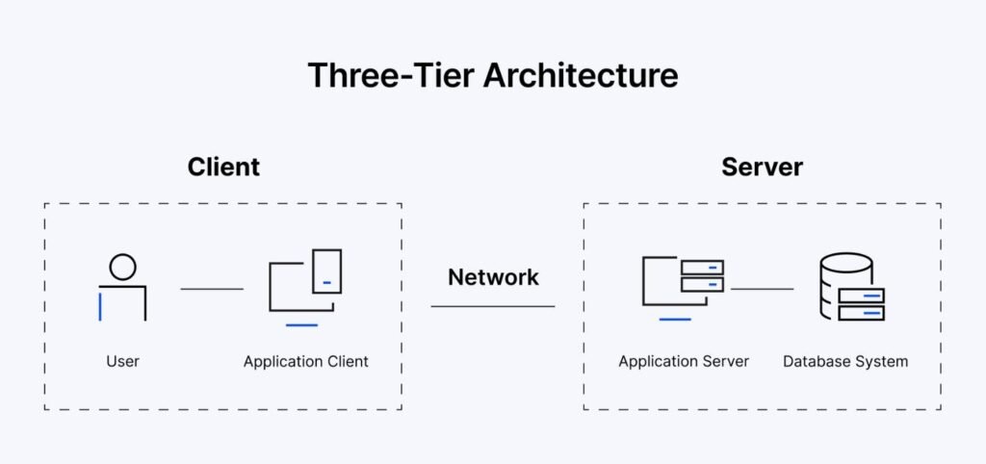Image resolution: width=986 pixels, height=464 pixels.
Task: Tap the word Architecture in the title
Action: click(x=581, y=75)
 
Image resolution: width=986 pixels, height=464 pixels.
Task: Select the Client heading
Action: click(x=223, y=168)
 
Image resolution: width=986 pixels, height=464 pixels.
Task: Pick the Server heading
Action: click(x=762, y=168)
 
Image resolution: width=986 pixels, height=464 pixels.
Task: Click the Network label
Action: click(x=493, y=276)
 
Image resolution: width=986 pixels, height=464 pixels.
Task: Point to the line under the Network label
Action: click(x=493, y=306)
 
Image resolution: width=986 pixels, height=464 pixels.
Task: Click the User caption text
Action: click(x=122, y=362)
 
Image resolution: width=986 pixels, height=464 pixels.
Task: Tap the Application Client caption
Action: click(x=305, y=362)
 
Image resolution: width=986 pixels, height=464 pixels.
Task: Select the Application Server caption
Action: click(x=684, y=362)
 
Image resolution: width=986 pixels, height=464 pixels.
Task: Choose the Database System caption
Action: click(x=845, y=362)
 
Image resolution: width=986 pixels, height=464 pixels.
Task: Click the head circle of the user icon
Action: click(x=122, y=267)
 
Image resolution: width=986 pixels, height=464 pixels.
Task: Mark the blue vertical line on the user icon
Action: click(x=100, y=307)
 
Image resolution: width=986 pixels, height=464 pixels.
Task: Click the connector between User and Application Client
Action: click(x=212, y=289)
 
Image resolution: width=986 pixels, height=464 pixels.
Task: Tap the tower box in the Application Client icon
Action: click(x=327, y=271)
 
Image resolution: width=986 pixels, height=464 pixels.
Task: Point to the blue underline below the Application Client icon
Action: click(x=301, y=325)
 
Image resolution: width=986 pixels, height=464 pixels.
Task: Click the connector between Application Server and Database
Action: click(x=763, y=289)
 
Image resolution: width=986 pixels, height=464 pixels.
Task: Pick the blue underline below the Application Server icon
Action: click(x=675, y=320)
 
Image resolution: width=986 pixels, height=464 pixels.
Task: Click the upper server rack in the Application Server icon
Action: click(x=702, y=268)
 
